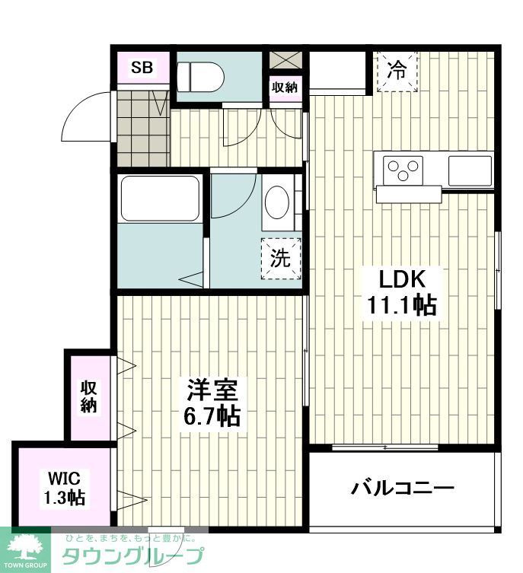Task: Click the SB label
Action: [142, 68]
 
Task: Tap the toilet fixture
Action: [199, 77]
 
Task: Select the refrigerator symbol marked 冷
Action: [397, 71]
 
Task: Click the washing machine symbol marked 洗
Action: [281, 258]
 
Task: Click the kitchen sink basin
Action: [470, 169]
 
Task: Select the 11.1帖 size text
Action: [401, 305]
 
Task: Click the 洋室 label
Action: [212, 390]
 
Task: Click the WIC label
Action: [65, 479]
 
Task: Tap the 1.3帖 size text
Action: [65, 498]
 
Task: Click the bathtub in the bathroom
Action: [161, 199]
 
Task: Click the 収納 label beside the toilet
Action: [285, 88]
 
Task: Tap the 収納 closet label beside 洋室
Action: [90, 396]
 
